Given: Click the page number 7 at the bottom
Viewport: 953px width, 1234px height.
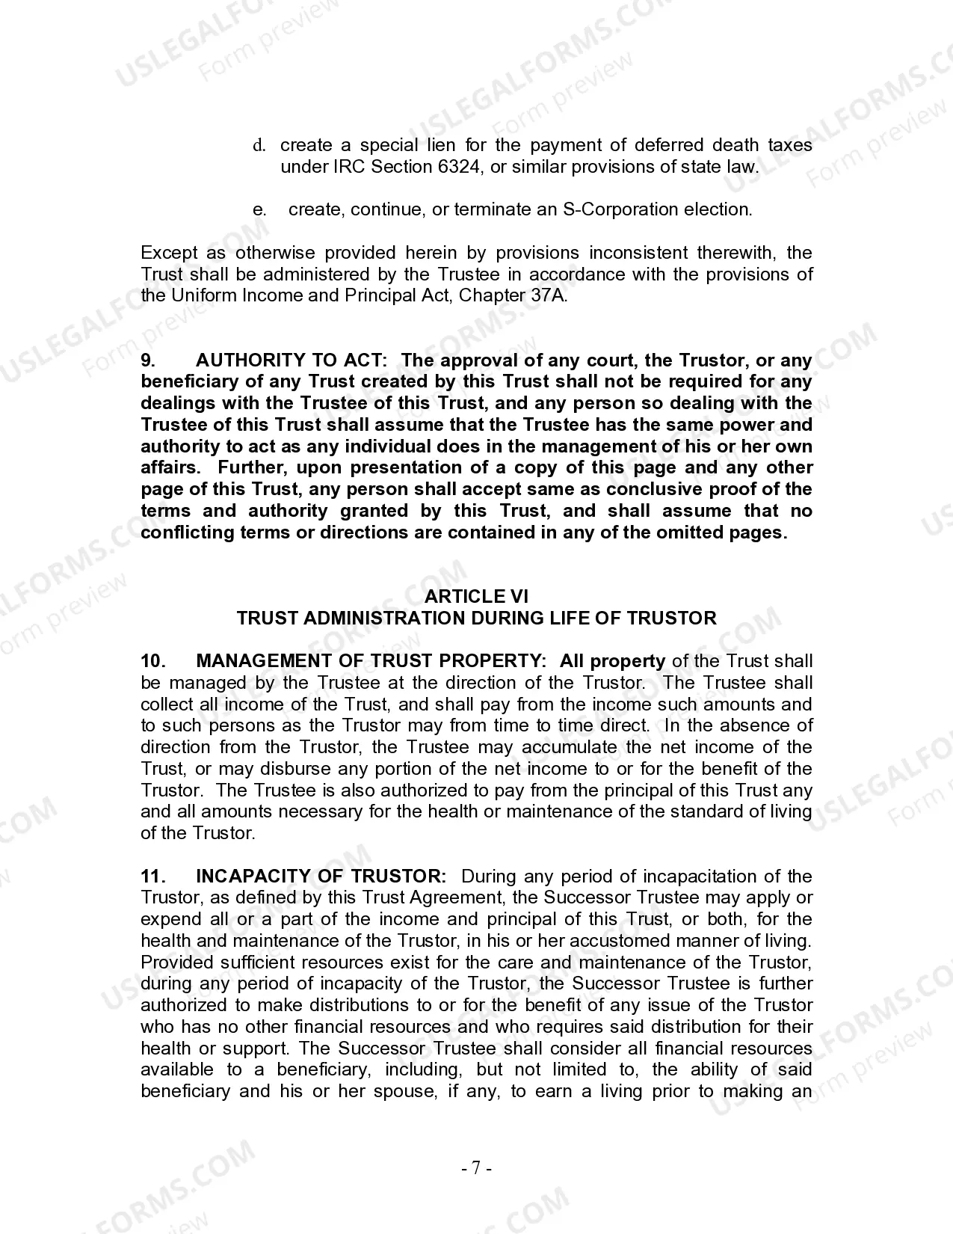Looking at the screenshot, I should tap(476, 1168).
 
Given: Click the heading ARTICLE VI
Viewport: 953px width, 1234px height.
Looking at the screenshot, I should tap(476, 596).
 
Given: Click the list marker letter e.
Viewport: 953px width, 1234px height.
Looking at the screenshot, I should tap(259, 209).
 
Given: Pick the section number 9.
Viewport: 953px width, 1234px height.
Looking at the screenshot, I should tap(148, 360).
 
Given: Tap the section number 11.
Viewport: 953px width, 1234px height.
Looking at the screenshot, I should tap(152, 876).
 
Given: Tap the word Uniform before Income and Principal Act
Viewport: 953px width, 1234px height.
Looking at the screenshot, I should tap(203, 295).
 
